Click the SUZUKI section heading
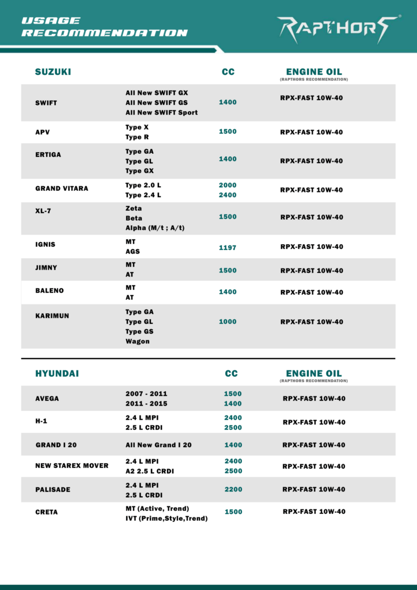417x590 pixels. coord(53,72)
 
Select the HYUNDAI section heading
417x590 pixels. coord(57,373)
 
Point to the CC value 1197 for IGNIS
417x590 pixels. coord(228,248)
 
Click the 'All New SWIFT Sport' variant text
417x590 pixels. coord(161,112)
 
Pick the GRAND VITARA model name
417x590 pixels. coord(62,188)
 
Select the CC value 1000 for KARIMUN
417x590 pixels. coord(228,322)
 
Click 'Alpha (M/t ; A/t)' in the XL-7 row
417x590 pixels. coord(155,228)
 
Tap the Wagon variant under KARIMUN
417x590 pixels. coord(138,341)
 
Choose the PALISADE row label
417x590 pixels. coord(53,489)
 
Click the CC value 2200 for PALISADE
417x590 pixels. coord(233,489)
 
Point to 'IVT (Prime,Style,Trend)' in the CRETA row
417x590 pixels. coord(166,518)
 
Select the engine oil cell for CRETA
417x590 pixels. coord(314,512)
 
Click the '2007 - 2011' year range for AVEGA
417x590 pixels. coord(146,394)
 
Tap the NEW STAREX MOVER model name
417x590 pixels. coord(72,466)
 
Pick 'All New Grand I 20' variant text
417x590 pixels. coord(158,445)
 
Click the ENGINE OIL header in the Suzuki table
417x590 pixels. coord(314,72)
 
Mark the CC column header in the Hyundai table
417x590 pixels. coord(231,373)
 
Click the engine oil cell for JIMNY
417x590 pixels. coord(312,270)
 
